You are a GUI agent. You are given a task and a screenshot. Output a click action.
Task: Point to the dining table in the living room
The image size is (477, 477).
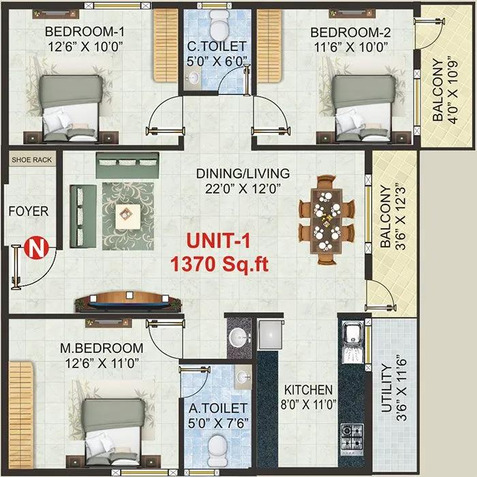(x=328, y=219)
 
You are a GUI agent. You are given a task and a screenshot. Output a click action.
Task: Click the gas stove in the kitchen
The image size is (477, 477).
(x=351, y=436)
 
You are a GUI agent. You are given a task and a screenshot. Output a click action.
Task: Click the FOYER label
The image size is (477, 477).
(x=29, y=211)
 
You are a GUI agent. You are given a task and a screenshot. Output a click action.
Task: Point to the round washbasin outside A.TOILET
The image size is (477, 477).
(x=238, y=337)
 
